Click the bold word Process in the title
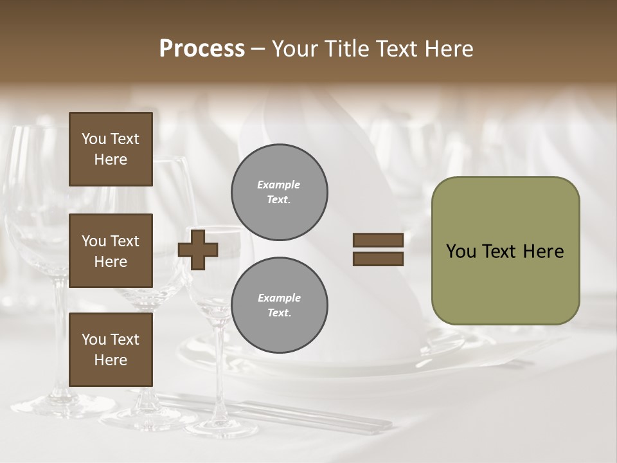tap(202, 49)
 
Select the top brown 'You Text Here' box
tap(111, 149)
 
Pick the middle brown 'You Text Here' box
tap(111, 251)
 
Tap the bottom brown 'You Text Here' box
tap(111, 350)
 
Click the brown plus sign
tap(198, 250)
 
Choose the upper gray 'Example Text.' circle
tap(279, 192)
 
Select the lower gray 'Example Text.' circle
tap(279, 305)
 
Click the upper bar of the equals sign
tap(378, 240)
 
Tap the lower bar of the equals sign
tap(378, 259)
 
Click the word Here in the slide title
tap(448, 49)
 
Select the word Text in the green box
tap(500, 251)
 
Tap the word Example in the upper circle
tap(279, 185)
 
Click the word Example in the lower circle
tap(279, 298)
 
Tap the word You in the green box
tap(461, 251)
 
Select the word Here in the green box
tap(543, 251)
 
